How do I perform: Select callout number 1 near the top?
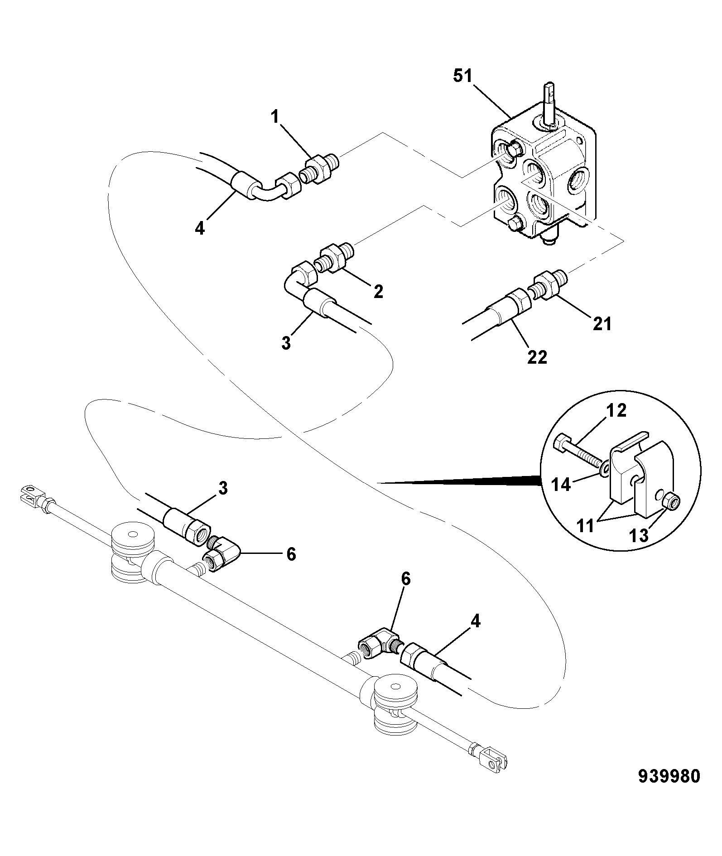click(x=275, y=117)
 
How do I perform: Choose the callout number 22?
click(x=538, y=357)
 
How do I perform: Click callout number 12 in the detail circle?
click(x=616, y=410)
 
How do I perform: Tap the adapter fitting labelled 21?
click(x=548, y=284)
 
